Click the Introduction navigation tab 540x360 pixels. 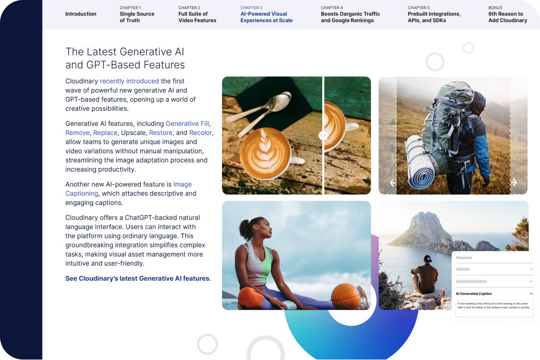[80, 14]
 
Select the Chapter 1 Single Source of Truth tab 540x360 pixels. [137, 14]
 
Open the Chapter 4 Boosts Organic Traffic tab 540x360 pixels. [350, 14]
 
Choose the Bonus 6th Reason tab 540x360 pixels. [507, 14]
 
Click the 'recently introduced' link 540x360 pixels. [129, 81]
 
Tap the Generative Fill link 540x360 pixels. [187, 124]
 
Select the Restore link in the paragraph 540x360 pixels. [161, 133]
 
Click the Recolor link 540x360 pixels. [201, 133]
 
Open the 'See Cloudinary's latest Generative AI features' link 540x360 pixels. [138, 278]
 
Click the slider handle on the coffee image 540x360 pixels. [323, 136]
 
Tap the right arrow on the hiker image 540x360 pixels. [514, 182]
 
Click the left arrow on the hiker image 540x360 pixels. [393, 182]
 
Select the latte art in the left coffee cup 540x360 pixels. [265, 152]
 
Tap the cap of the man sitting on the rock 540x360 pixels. [427, 259]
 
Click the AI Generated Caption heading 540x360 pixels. [473, 294]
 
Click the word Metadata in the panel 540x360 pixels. [463, 258]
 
